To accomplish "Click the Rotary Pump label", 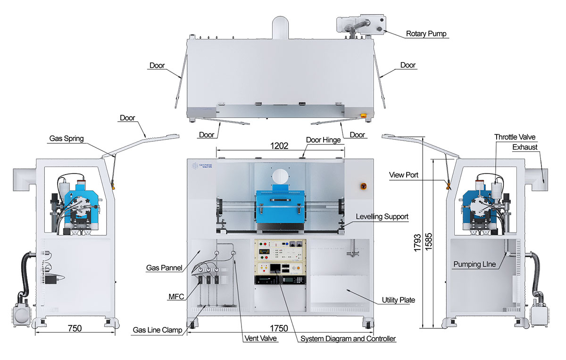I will [426, 33].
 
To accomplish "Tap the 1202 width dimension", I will [279, 146].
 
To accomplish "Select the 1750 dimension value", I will [279, 327].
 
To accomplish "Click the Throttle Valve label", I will [515, 137].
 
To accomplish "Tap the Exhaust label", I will [524, 147].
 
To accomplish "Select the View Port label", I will [404, 175].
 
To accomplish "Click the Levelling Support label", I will [383, 217].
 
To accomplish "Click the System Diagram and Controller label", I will [348, 339].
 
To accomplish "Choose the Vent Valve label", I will [261, 339].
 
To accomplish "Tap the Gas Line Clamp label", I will [158, 330].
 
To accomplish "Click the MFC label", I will [176, 297].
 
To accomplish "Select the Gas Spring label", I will [66, 139].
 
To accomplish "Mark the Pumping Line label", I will [474, 264].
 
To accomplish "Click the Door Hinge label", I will [323, 140].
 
